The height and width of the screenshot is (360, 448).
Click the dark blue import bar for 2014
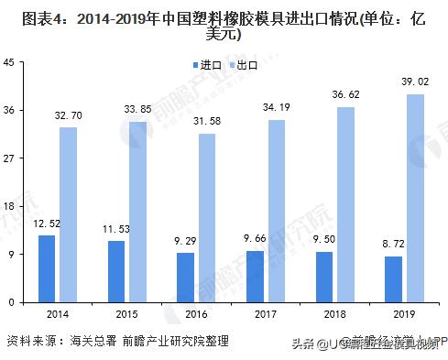(47, 268)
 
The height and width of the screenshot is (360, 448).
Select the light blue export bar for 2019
(416, 198)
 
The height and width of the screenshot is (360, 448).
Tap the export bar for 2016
(207, 217)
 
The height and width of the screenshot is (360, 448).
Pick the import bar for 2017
(255, 276)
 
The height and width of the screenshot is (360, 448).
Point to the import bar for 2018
(324, 277)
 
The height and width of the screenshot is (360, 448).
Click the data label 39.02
(417, 82)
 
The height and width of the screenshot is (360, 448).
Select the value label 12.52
(47, 224)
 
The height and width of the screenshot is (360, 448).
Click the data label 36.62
(347, 95)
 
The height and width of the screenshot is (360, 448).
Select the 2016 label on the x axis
(196, 313)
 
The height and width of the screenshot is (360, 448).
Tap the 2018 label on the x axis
(335, 313)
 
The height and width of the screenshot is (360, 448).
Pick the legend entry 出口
(242, 65)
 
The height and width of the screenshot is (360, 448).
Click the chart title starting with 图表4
(224, 26)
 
